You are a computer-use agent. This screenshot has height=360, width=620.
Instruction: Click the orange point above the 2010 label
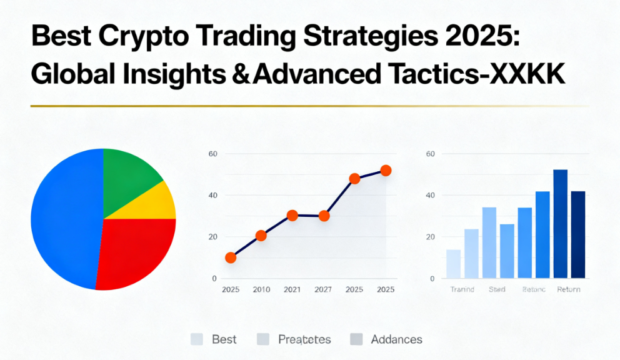(261, 236)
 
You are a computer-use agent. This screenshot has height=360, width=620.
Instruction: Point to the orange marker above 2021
(292, 216)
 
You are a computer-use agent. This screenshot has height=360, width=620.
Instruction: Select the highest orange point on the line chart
(386, 171)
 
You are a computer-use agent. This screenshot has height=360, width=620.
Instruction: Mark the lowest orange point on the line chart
(231, 257)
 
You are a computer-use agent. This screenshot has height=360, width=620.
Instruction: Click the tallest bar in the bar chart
(560, 224)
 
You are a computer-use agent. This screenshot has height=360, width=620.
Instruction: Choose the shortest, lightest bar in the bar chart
(453, 264)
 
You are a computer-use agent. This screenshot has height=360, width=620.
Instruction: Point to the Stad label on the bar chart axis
(497, 289)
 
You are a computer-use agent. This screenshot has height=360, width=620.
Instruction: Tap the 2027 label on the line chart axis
(323, 289)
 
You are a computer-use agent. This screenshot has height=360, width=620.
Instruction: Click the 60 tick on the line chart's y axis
(212, 154)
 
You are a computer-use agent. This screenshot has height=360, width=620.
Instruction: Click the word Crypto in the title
(142, 37)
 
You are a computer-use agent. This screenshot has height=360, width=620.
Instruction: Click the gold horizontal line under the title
(309, 106)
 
